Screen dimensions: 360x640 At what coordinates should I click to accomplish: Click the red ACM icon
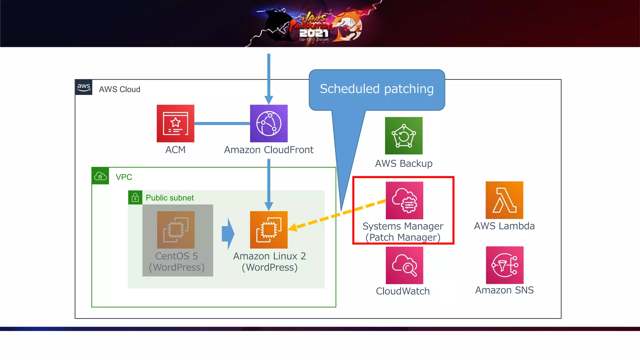[175, 123]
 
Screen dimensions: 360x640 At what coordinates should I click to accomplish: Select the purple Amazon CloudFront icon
[269, 123]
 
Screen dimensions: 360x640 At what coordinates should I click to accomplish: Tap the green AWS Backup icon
[403, 136]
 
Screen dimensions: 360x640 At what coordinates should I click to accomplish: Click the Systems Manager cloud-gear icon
[404, 200]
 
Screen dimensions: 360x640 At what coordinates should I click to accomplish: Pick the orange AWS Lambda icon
[504, 200]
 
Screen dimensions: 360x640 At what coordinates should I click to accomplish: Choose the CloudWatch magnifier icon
[404, 265]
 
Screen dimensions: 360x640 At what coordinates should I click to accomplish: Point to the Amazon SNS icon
[504, 265]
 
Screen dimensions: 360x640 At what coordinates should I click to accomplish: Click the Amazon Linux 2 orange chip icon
[269, 230]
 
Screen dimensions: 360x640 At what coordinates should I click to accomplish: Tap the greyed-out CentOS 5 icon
[176, 230]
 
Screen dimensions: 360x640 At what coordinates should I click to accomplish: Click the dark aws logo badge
[84, 87]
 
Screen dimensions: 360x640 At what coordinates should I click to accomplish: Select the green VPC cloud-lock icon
[100, 176]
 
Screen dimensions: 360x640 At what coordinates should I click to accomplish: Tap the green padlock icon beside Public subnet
[135, 197]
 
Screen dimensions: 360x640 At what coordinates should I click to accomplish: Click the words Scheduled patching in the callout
[377, 89]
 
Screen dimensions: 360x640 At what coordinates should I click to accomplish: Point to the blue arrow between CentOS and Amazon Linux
[228, 234]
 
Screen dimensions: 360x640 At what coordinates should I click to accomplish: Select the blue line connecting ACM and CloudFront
[222, 123]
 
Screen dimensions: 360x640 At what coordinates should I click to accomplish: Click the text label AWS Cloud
[119, 89]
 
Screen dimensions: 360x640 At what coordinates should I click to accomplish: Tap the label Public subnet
[170, 198]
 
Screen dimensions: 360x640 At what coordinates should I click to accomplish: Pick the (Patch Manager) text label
[403, 237]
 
